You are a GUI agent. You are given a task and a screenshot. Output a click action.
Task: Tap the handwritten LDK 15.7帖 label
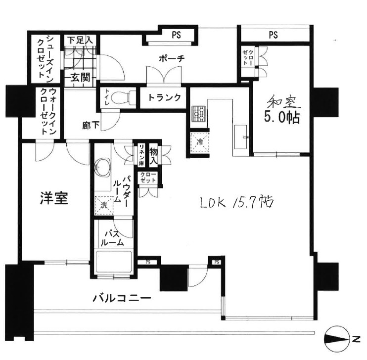[x=237, y=202]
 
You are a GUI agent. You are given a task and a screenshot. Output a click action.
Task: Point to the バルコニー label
[x=122, y=298]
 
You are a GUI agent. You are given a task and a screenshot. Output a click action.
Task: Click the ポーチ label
[x=171, y=59]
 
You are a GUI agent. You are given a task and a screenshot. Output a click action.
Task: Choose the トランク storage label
[x=164, y=97]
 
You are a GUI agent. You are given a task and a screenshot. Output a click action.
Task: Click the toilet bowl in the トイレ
[x=122, y=98]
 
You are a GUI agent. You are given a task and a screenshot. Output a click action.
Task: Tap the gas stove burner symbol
[x=199, y=114]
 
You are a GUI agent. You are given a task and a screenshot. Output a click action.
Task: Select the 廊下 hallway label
[x=90, y=125]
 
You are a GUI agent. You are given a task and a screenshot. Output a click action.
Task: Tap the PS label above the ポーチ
[x=176, y=35]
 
